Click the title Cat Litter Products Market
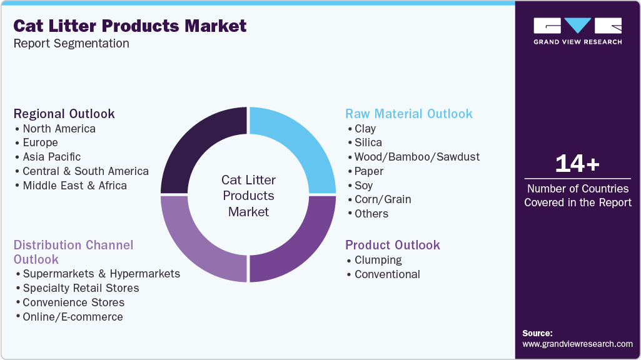[130, 26]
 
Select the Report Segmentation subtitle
[71, 44]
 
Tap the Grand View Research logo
[577, 31]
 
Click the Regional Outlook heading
[64, 114]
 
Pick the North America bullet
[59, 129]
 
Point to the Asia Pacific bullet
[51, 157]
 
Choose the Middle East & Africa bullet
[74, 186]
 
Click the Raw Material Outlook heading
[409, 114]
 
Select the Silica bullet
[368, 142]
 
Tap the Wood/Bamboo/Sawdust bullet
[416, 157]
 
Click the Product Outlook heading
[393, 245]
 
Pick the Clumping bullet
[378, 260]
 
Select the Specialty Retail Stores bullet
[81, 288]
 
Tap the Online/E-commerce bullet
[73, 317]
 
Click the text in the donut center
[248, 196]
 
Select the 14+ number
[577, 164]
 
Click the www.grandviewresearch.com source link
[577, 344]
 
